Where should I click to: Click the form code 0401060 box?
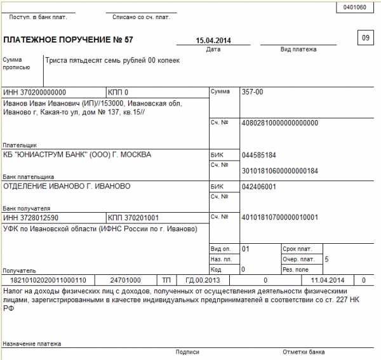tap(354, 8)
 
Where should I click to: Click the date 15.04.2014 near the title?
tap(213, 41)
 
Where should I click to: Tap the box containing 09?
tap(366, 38)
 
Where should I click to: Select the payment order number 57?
tap(129, 40)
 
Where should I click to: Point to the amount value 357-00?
tap(252, 92)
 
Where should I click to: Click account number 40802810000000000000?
tap(280, 123)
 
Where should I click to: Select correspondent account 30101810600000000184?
tap(280, 170)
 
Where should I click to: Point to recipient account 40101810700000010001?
tap(280, 217)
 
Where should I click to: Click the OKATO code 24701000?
tap(125, 279)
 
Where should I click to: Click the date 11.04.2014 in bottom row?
tap(328, 279)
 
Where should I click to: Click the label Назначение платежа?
tap(32, 343)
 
